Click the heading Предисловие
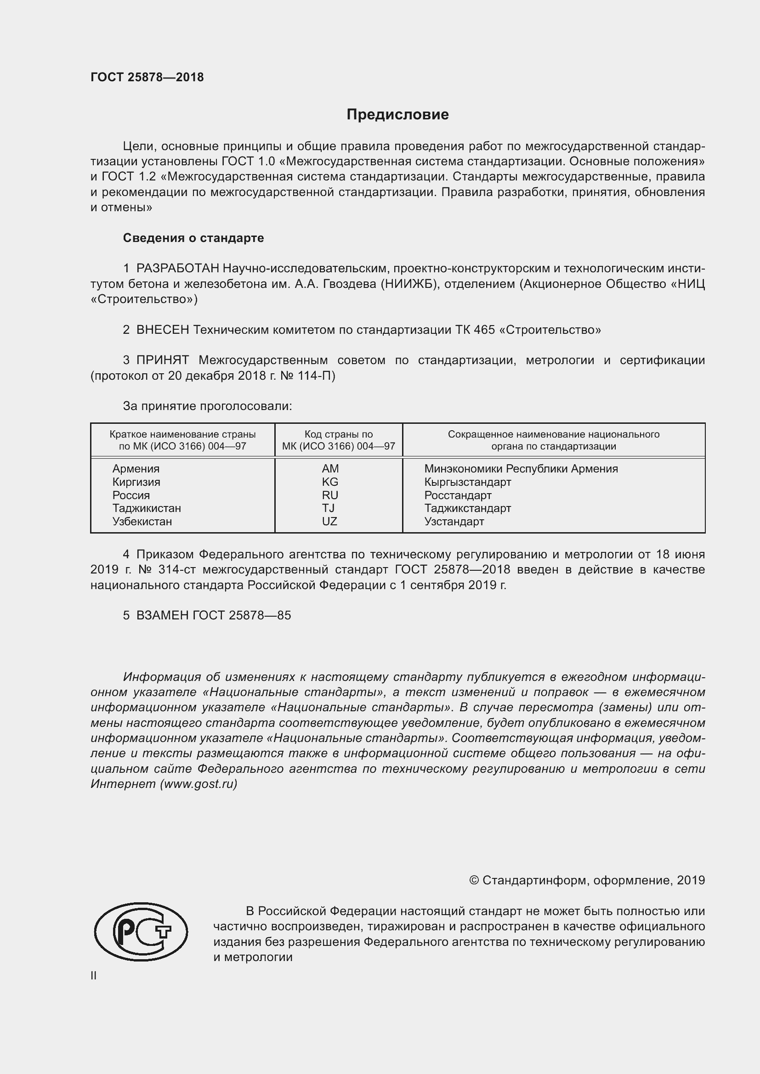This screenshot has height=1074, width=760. coord(397,115)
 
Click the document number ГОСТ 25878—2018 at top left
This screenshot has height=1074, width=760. coord(147,78)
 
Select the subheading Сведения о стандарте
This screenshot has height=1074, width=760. coord(193,238)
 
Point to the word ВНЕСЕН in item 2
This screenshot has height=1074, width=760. coord(162,330)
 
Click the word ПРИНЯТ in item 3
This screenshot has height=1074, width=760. coord(162,360)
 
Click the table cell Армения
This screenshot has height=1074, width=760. coord(136,469)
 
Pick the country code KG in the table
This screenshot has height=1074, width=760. coord(330,482)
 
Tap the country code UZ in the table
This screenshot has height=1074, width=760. coord(329,522)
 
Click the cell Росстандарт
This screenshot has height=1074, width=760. coord(458,495)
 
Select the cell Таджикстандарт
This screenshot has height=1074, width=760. coord(467,508)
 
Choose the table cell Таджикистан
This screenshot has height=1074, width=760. coord(147,508)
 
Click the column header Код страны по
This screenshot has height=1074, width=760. coord(338,434)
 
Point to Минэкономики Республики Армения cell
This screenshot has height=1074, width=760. coord(521,469)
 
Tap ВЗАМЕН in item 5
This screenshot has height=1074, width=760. coord(162,616)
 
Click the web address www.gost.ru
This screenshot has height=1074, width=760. coord(199,784)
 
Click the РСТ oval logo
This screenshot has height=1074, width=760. coord(141,932)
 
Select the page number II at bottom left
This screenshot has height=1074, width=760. coord(94,976)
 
